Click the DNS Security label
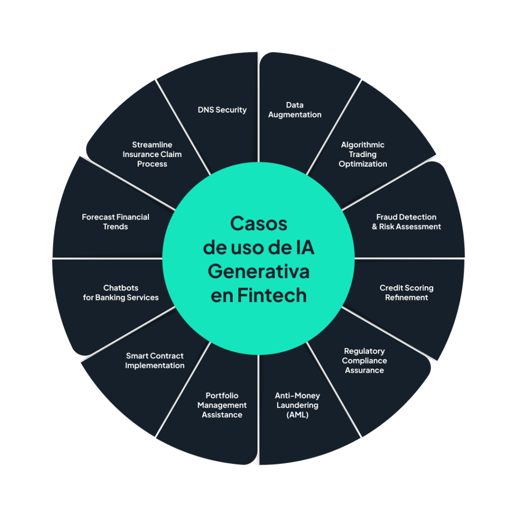tap(222, 110)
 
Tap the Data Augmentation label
tap(295, 110)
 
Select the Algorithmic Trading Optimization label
tap(363, 154)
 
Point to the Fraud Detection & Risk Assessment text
tap(406, 222)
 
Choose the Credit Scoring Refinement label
tap(406, 293)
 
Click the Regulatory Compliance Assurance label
tap(365, 360)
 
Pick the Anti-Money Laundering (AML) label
tap(297, 405)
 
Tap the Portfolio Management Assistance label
tap(222, 405)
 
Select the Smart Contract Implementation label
tap(154, 360)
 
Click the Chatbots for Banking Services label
tap(121, 293)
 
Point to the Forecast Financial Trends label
tap(116, 222)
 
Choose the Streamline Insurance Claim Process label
tap(152, 154)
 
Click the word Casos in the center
tap(258, 224)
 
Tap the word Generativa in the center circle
tap(258, 272)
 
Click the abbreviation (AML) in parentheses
tap(297, 415)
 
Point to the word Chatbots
tap(121, 288)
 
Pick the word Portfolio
tap(222, 396)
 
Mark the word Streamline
tap(152, 145)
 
